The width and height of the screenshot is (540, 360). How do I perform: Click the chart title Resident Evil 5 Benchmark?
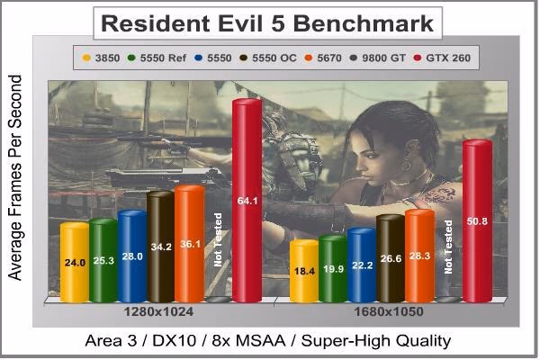267,23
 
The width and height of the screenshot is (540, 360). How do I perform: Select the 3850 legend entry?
101,58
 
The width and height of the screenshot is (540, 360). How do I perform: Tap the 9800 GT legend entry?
378,58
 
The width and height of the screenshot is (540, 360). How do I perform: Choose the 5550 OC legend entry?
268,58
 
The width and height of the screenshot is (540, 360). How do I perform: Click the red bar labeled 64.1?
247,201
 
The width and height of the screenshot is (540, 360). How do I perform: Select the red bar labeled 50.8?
477,221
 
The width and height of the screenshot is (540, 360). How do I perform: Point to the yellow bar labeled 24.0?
75,263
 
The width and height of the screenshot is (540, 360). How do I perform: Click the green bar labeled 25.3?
103,260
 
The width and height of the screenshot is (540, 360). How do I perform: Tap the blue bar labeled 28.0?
132,256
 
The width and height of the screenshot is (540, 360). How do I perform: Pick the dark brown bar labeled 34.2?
161,247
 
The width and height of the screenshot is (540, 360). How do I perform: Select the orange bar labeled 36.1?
190,244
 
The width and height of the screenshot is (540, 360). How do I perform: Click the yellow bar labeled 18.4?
304,271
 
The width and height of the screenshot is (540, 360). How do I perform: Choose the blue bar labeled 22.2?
362,265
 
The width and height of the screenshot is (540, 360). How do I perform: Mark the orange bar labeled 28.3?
419,256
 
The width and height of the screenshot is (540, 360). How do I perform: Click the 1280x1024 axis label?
158,311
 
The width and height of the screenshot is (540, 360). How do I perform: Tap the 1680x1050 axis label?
389,311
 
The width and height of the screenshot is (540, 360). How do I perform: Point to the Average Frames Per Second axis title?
14,177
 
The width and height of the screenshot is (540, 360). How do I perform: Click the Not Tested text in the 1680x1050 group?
447,247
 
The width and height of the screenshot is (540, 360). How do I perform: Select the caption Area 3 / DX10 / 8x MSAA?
185,341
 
